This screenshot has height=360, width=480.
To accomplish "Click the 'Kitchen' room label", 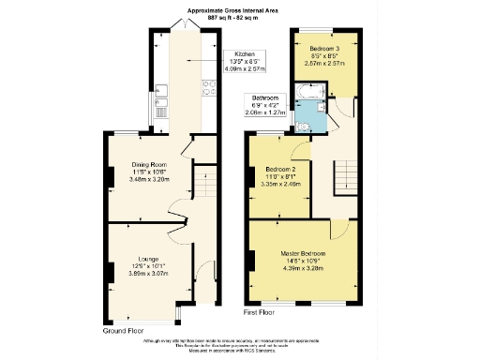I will (246, 54).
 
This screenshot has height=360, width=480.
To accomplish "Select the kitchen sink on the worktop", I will (162, 92).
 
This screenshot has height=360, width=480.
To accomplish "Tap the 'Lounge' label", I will (147, 259).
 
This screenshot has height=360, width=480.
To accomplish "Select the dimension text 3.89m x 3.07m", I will (148, 274).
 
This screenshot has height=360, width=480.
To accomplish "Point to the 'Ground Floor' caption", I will (124, 331).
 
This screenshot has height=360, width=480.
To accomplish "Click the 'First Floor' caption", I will (263, 311).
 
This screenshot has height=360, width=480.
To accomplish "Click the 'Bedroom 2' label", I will (272, 170).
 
